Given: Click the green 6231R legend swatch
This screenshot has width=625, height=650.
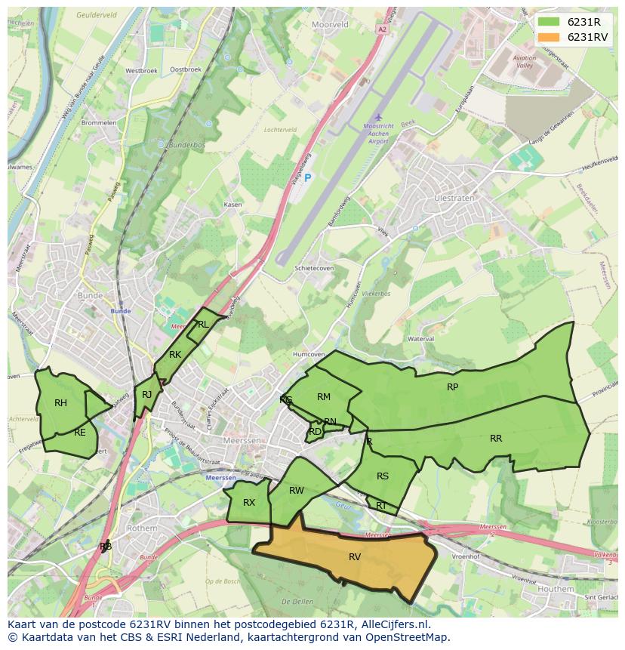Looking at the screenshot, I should pyautogui.click(x=549, y=22).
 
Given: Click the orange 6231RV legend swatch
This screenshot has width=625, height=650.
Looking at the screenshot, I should pyautogui.click(x=549, y=37).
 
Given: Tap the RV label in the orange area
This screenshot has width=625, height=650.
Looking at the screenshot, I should pyautogui.click(x=355, y=557).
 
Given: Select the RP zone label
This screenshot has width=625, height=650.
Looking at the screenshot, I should pyautogui.click(x=452, y=387).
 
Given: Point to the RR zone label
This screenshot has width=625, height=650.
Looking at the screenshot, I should pyautogui.click(x=496, y=439).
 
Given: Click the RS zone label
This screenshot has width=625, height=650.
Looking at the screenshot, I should pyautogui.click(x=383, y=476).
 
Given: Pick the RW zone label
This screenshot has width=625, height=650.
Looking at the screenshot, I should pyautogui.click(x=297, y=491).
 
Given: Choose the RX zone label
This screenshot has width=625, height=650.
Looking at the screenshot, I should pyautogui.click(x=249, y=503).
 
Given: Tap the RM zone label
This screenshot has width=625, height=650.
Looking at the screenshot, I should pyautogui.click(x=324, y=397).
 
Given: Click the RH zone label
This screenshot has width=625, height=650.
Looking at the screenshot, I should pyautogui.click(x=61, y=403).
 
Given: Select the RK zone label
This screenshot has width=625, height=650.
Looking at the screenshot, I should pyautogui.click(x=175, y=355).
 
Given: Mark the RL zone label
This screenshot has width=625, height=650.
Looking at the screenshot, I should pyautogui.click(x=202, y=325).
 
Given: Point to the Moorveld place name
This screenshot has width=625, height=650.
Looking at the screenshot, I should pyautogui.click(x=330, y=24).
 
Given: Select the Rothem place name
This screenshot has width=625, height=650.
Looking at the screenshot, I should pyautogui.click(x=141, y=528).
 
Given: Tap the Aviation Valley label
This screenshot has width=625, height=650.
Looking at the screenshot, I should pyautogui.click(x=524, y=62).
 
